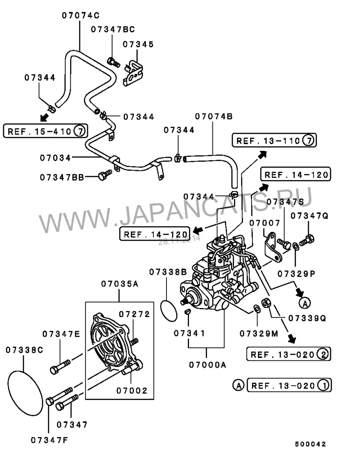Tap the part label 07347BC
pos(112,30)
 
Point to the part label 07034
pos(55,158)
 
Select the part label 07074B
pos(214,117)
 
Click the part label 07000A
pos(207,365)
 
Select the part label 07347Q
pos(309,216)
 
